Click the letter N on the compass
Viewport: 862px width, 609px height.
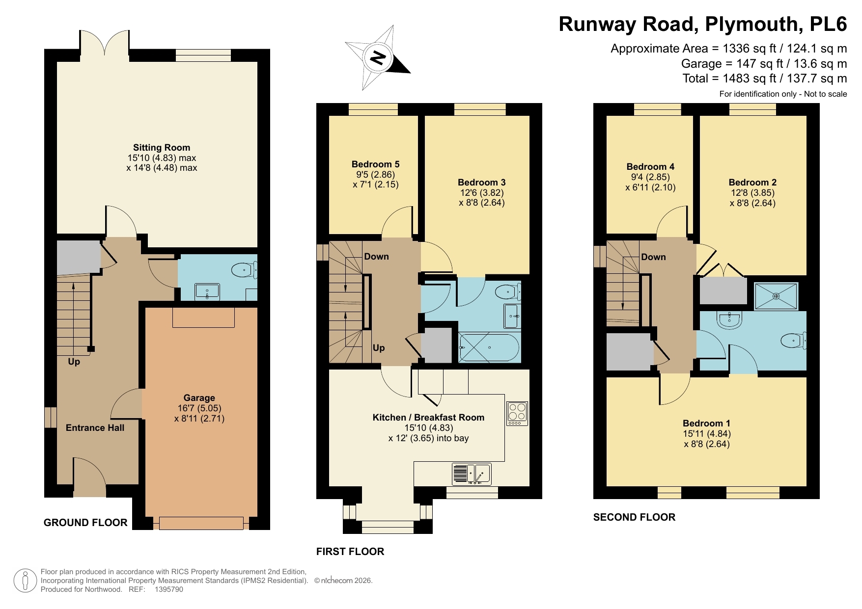pos(377,58)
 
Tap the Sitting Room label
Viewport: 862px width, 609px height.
pos(161,147)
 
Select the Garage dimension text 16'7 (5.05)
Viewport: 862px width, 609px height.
pos(199,408)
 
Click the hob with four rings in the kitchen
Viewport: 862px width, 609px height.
pos(517,413)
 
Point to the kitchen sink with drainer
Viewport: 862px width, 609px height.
pos(472,474)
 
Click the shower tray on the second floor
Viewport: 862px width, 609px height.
pos(776,296)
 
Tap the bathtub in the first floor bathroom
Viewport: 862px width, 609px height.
pos(489,347)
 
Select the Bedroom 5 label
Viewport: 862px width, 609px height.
pos(375,164)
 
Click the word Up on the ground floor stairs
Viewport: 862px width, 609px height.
pos(74,362)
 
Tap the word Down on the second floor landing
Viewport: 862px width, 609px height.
pos(653,257)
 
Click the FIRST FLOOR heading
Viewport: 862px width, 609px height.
pos(350,551)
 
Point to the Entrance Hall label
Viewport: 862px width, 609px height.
pos(95,427)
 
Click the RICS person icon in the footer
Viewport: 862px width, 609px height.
pos(25,581)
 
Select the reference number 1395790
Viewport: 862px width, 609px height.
pos(168,589)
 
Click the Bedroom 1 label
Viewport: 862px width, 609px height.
pos(706,423)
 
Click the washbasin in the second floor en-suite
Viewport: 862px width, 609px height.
pos(729,320)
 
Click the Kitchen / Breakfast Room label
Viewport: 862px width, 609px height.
pos(428,417)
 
